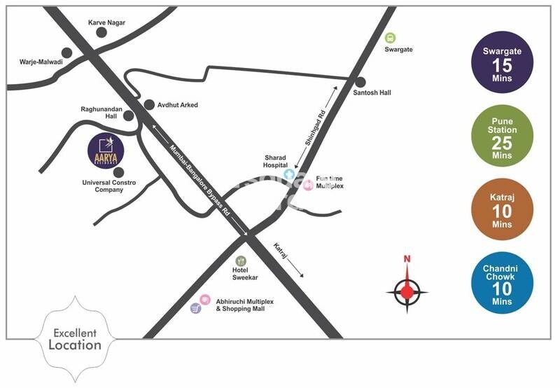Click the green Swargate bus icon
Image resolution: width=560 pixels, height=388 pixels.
[x=390, y=38]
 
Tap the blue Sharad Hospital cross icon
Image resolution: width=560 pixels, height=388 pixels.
[x=288, y=173]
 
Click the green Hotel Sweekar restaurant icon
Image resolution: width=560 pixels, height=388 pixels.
[x=241, y=261]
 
